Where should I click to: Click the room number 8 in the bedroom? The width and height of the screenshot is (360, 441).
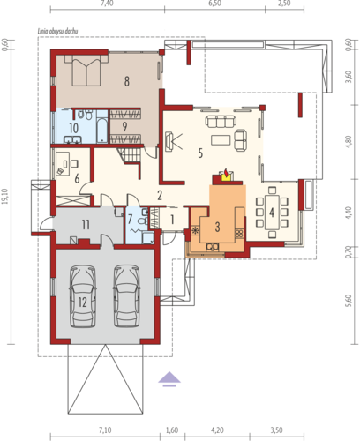pos(127,81)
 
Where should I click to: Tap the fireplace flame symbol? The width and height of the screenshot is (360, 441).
pos(226,174)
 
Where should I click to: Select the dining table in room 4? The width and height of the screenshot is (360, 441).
pos(272,213)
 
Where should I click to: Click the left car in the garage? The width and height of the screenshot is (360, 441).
pos(83,296)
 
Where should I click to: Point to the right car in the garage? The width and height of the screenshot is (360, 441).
pos(127,296)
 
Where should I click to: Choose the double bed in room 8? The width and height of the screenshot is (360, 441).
pos(86,70)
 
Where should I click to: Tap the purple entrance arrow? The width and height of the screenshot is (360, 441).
pos(169,379)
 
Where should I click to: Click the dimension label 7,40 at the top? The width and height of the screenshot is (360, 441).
pos(107,4)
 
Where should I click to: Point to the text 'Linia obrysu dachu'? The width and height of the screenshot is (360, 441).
pos(57,31)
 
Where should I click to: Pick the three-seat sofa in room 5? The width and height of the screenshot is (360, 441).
pos(221,121)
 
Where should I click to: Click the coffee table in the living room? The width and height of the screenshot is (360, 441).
pos(221,139)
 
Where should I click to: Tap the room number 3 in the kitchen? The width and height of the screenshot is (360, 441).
pos(217,227)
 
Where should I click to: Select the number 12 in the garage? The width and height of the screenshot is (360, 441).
pos(83,303)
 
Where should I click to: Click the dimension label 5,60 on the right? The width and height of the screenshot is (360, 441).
pos(349,301)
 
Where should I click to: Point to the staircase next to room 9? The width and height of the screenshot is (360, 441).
pos(129,155)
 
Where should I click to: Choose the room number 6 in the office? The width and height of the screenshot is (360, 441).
pos(77,178)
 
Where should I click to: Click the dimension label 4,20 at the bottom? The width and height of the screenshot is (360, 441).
pos(217,430)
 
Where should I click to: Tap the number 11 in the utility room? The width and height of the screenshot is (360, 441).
pos(86,225)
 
